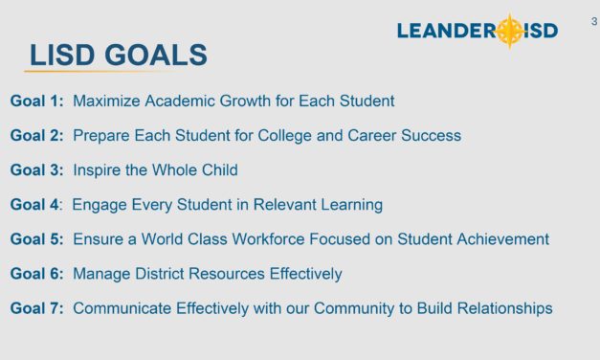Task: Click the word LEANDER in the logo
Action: tap(445, 32)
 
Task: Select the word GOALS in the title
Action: tap(157, 56)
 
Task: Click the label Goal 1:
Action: tap(37, 101)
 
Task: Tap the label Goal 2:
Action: tap(37, 135)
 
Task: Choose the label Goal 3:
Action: tap(37, 169)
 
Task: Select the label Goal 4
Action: tap(35, 204)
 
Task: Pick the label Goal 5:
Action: tap(37, 238)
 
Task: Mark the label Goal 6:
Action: tap(37, 274)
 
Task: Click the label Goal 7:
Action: tap(37, 308)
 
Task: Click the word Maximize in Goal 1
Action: tap(108, 101)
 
